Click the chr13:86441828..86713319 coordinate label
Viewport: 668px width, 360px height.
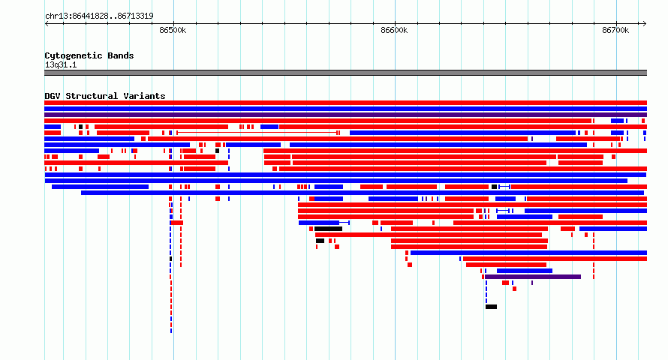(99, 16)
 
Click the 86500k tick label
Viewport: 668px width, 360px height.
(173, 30)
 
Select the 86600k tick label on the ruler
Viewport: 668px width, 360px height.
(394, 30)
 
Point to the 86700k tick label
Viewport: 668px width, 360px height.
(615, 30)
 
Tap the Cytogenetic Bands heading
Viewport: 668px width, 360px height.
(89, 55)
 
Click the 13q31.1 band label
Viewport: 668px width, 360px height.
(61, 64)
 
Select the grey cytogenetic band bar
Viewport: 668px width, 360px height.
(345, 73)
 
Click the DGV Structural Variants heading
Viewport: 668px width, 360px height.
(105, 96)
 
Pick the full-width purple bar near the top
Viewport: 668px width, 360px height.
(345, 115)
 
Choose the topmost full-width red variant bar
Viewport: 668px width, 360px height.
(345, 103)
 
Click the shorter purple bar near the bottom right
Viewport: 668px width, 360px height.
(533, 277)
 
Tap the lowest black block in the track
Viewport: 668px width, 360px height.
(491, 307)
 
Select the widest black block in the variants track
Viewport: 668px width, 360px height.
(329, 229)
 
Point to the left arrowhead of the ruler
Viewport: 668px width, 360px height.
(47, 24)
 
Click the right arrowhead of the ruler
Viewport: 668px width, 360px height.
(645, 24)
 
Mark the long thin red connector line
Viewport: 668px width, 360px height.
(257, 133)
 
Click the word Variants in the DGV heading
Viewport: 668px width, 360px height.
(144, 96)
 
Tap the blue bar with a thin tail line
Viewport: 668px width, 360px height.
(324, 223)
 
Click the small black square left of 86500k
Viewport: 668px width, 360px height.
(80, 127)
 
